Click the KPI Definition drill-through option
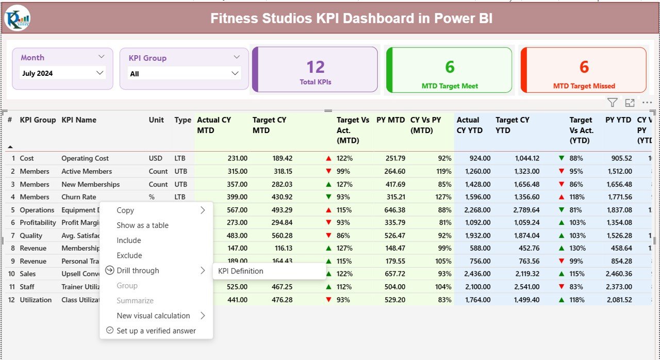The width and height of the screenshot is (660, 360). [x=241, y=271]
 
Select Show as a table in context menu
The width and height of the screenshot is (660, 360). [x=142, y=225]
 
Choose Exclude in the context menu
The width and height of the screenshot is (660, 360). [x=129, y=255]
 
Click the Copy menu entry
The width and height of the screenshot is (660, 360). [x=125, y=210]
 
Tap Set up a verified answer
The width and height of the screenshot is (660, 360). [x=156, y=331]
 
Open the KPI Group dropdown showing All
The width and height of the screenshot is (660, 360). [x=185, y=74]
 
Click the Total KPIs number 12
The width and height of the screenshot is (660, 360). [x=315, y=67]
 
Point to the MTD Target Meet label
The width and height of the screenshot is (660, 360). [x=450, y=86]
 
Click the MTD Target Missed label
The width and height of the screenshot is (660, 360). [x=584, y=86]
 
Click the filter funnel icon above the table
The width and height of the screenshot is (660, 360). [x=612, y=103]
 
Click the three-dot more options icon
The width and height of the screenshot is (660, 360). [x=647, y=103]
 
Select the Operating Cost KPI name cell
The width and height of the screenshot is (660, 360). [x=85, y=158]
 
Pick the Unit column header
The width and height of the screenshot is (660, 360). [x=156, y=120]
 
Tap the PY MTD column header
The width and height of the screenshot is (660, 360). [x=390, y=120]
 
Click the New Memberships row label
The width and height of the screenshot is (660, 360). [x=90, y=184]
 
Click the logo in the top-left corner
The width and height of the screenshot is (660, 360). [x=18, y=19]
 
